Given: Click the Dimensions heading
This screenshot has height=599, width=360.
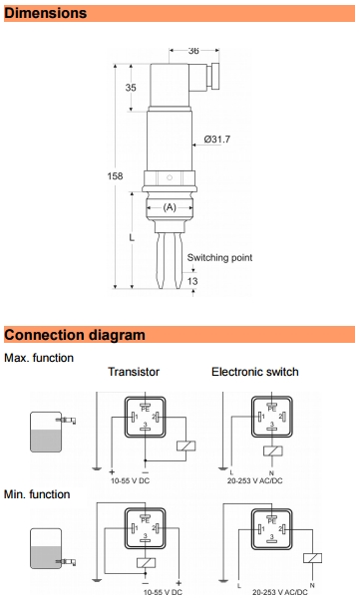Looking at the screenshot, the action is click(46, 13).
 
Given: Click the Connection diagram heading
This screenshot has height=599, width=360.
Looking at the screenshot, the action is click(75, 335).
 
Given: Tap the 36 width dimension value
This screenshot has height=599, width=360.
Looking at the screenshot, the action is click(193, 51).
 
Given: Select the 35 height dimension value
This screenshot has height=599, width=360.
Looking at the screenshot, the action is click(131, 88).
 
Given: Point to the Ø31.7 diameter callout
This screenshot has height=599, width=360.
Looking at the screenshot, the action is click(217, 140).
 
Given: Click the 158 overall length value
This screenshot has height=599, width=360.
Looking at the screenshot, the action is click(115, 176).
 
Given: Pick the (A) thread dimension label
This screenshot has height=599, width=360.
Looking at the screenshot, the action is click(170, 207).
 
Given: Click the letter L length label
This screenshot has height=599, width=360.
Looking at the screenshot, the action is click(132, 237).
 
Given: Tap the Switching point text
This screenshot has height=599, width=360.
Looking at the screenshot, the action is click(219, 257).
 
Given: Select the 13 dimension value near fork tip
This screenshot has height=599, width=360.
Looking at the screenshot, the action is click(192, 281).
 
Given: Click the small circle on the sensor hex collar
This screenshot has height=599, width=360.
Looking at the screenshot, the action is click(170, 177).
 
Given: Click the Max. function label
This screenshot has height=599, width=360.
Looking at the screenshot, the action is click(39, 358).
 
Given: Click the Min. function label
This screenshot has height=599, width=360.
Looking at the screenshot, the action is click(37, 494).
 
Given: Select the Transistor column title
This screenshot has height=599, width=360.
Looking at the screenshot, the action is click(134, 372).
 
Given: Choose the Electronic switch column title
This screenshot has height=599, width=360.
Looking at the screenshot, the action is click(255, 372).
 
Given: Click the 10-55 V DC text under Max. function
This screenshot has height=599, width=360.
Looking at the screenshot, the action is click(131, 480).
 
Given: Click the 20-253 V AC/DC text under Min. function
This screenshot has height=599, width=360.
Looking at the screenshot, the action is click(280, 592).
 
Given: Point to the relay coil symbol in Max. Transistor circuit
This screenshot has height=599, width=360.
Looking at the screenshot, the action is click(186, 446).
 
